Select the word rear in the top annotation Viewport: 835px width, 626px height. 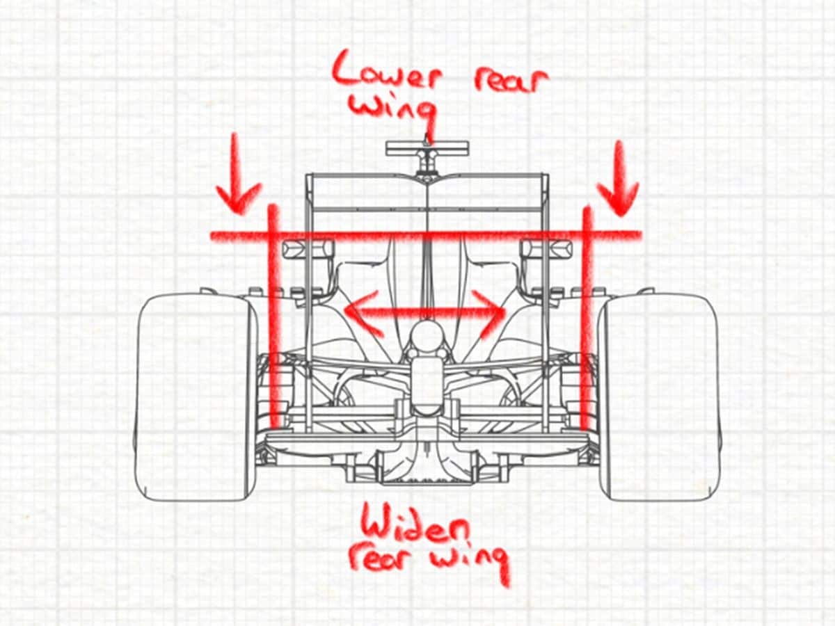(511, 81)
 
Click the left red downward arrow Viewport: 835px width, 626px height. (238, 174)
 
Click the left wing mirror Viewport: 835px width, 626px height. (308, 249)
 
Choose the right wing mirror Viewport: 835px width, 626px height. (546, 248)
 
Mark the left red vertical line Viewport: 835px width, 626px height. (274, 316)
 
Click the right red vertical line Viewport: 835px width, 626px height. (587, 318)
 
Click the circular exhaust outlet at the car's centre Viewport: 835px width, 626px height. (427, 337)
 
